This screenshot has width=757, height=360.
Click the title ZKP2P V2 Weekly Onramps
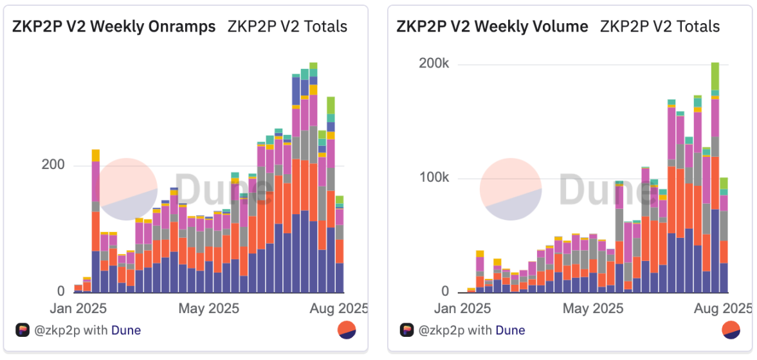pos(114,26)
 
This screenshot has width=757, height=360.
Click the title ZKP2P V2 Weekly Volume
pos(492,26)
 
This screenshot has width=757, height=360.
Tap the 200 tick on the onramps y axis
pos(53,165)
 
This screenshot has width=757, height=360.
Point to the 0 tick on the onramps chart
pos(60,291)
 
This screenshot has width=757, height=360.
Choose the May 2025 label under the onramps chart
pos(208,309)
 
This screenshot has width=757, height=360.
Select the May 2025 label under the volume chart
pos(592,309)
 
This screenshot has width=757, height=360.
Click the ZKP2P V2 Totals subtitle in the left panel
pos(287,26)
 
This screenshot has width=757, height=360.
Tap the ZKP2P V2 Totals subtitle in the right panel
pos(660,26)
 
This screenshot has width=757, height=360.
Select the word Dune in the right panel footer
pos(511,330)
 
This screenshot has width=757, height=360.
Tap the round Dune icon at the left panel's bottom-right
pos(347,330)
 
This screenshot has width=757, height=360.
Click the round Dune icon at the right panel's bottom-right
pos(731,330)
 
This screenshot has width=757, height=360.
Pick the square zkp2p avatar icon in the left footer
pos(23,330)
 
